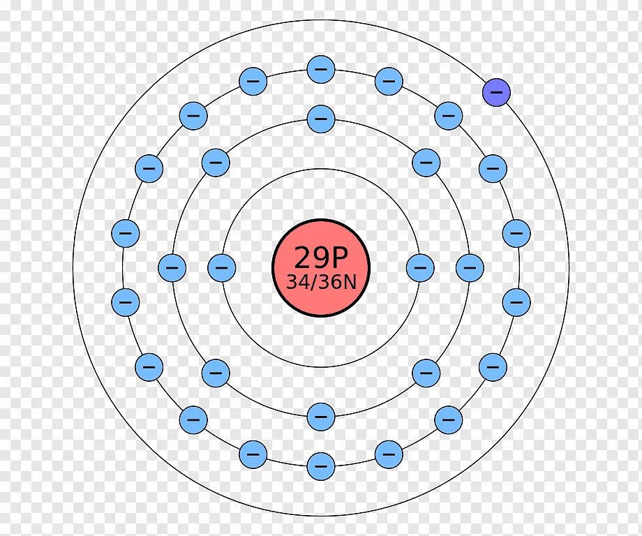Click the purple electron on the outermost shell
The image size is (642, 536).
pos(497,92)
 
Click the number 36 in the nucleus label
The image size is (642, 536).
pos(330,282)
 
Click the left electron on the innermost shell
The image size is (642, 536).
pos(222,267)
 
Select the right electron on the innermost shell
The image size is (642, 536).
pos(420,267)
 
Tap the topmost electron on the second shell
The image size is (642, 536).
pos(321,118)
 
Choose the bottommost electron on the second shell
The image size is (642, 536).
pos(321,417)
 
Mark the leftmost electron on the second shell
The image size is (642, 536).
pos(172,267)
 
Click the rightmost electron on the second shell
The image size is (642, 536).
pos(470,267)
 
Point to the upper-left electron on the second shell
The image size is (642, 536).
pos(216,162)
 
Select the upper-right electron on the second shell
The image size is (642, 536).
pos(426,162)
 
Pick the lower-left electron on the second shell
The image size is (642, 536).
pos(216,373)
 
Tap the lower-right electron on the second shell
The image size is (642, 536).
pos(426,373)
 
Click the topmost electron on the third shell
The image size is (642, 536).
pos(321,69)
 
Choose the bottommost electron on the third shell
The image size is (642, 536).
pos(321,466)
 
